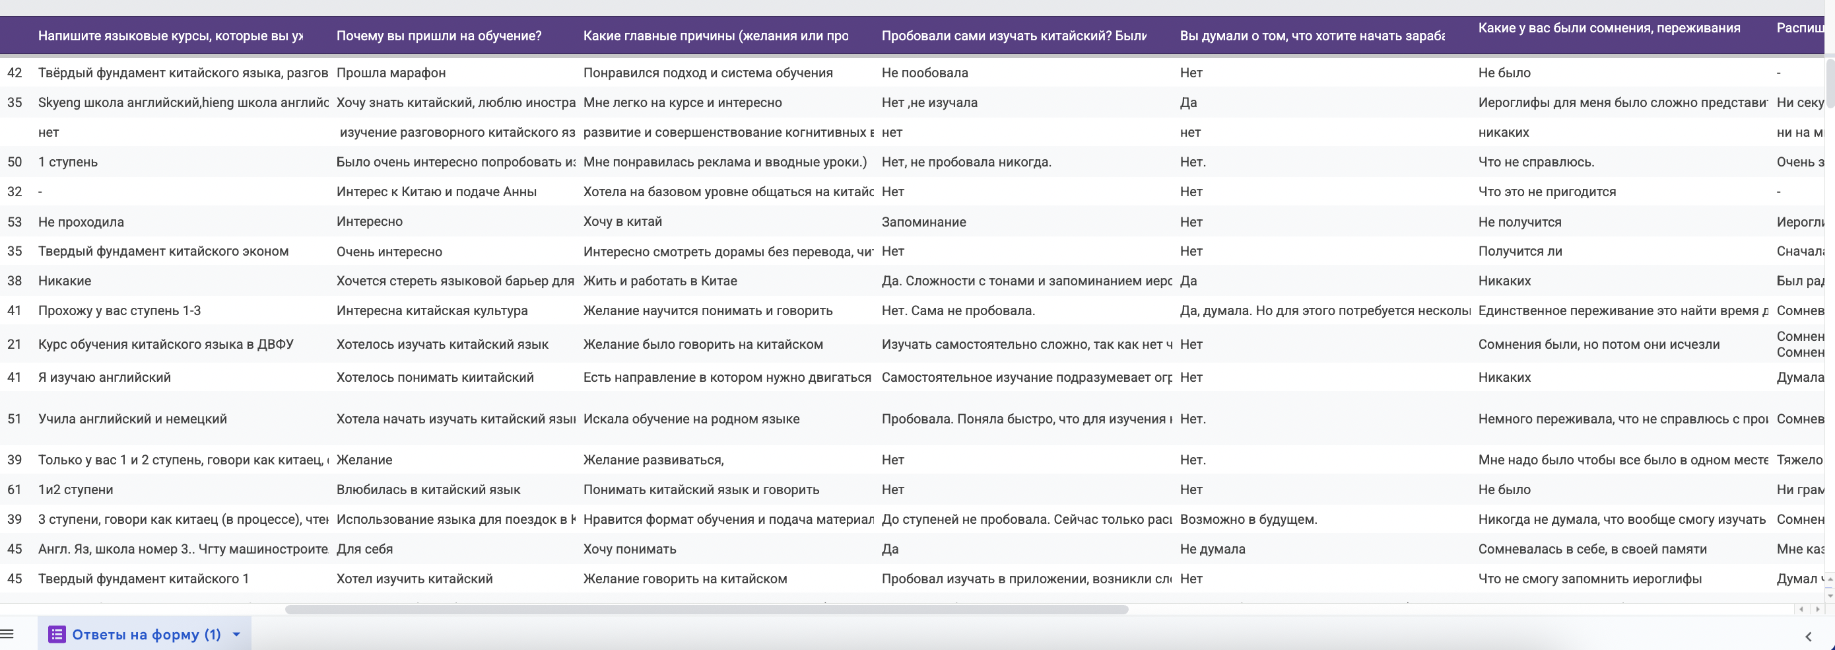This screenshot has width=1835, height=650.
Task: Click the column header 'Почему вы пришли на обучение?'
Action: (439, 36)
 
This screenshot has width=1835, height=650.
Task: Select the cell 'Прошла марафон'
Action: (391, 73)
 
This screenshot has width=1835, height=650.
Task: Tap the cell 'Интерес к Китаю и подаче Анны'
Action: (436, 192)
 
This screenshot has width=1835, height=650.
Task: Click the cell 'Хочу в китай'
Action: (622, 222)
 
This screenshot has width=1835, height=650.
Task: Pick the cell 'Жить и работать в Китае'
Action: (659, 281)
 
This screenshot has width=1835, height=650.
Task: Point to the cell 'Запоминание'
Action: (924, 222)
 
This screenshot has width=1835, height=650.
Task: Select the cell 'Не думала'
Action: (1213, 549)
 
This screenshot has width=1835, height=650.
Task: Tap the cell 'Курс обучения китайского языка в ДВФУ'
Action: (165, 344)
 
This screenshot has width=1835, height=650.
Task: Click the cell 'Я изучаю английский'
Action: (105, 377)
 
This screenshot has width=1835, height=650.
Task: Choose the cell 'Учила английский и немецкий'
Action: (133, 419)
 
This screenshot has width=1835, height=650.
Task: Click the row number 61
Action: (15, 489)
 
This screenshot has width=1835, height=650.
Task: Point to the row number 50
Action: (15, 162)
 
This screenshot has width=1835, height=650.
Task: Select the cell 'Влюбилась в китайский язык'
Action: (428, 489)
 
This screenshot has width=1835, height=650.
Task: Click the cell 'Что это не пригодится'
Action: (1547, 192)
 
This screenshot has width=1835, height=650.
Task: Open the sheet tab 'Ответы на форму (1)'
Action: (146, 634)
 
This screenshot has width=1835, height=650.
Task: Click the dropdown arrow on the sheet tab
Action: (236, 634)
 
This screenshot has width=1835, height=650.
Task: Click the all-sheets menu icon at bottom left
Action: (7, 634)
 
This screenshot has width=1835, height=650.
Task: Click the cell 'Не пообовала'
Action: (925, 73)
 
